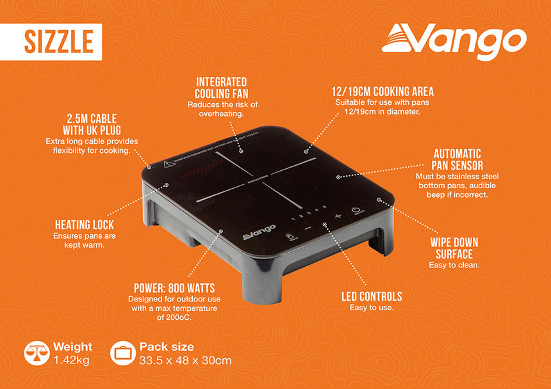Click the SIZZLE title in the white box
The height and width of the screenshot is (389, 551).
[x=59, y=41]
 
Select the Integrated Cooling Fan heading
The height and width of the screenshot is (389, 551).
[x=222, y=87]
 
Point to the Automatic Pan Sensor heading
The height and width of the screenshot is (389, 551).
[x=457, y=160]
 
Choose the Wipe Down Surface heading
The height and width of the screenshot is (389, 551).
[x=454, y=248]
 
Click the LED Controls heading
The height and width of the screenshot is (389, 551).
[x=372, y=296]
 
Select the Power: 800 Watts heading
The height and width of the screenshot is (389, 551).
[x=174, y=288]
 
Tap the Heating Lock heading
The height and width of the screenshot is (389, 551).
[x=85, y=225]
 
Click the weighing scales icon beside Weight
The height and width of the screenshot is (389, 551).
[x=35, y=353]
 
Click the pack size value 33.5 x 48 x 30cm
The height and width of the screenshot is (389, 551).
[x=186, y=360]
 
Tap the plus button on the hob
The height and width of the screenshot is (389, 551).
[x=338, y=216]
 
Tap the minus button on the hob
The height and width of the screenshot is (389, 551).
[x=308, y=227]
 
